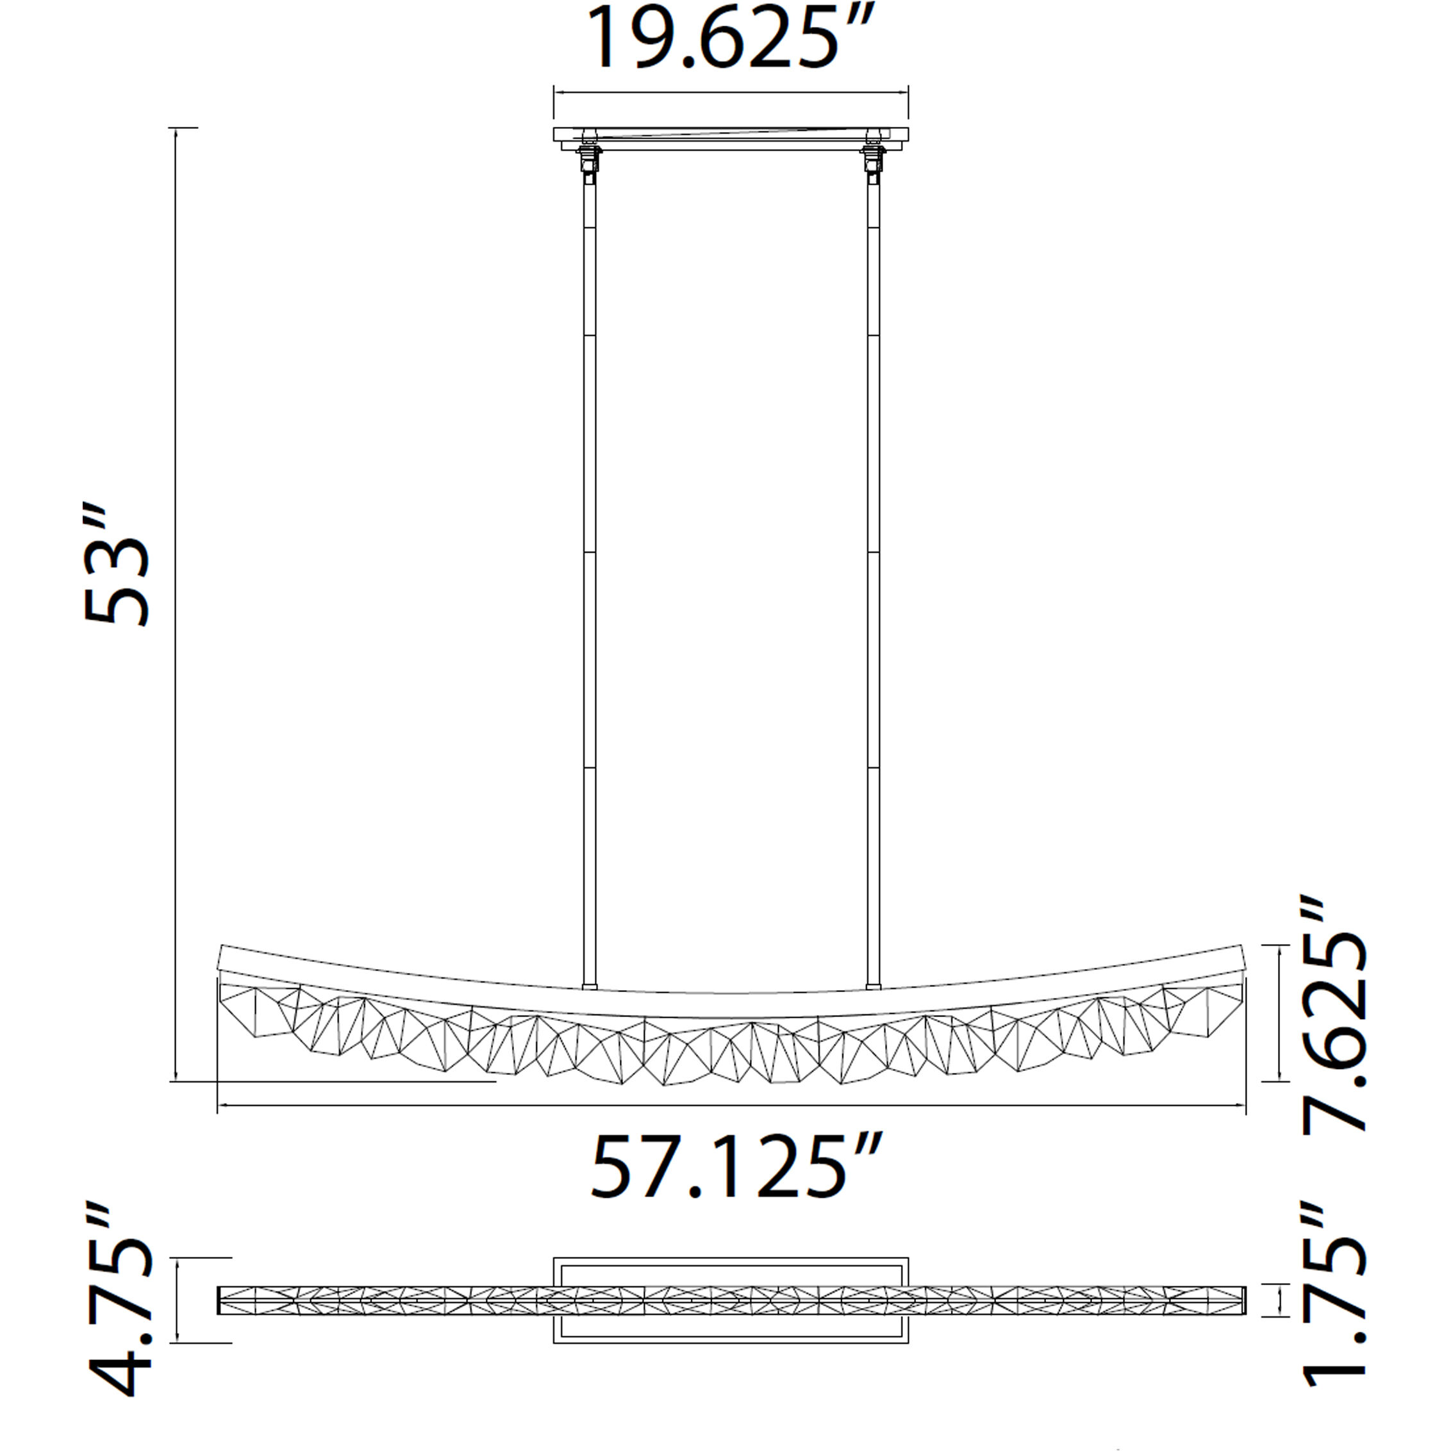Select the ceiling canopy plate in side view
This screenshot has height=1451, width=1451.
pyautogui.click(x=731, y=135)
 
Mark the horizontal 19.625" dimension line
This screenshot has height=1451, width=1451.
pyautogui.click(x=731, y=93)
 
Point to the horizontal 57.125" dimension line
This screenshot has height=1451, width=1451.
pyautogui.click(x=731, y=1106)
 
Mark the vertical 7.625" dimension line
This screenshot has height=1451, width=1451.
pyautogui.click(x=1277, y=1013)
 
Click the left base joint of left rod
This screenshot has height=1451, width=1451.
pyautogui.click(x=590, y=986)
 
